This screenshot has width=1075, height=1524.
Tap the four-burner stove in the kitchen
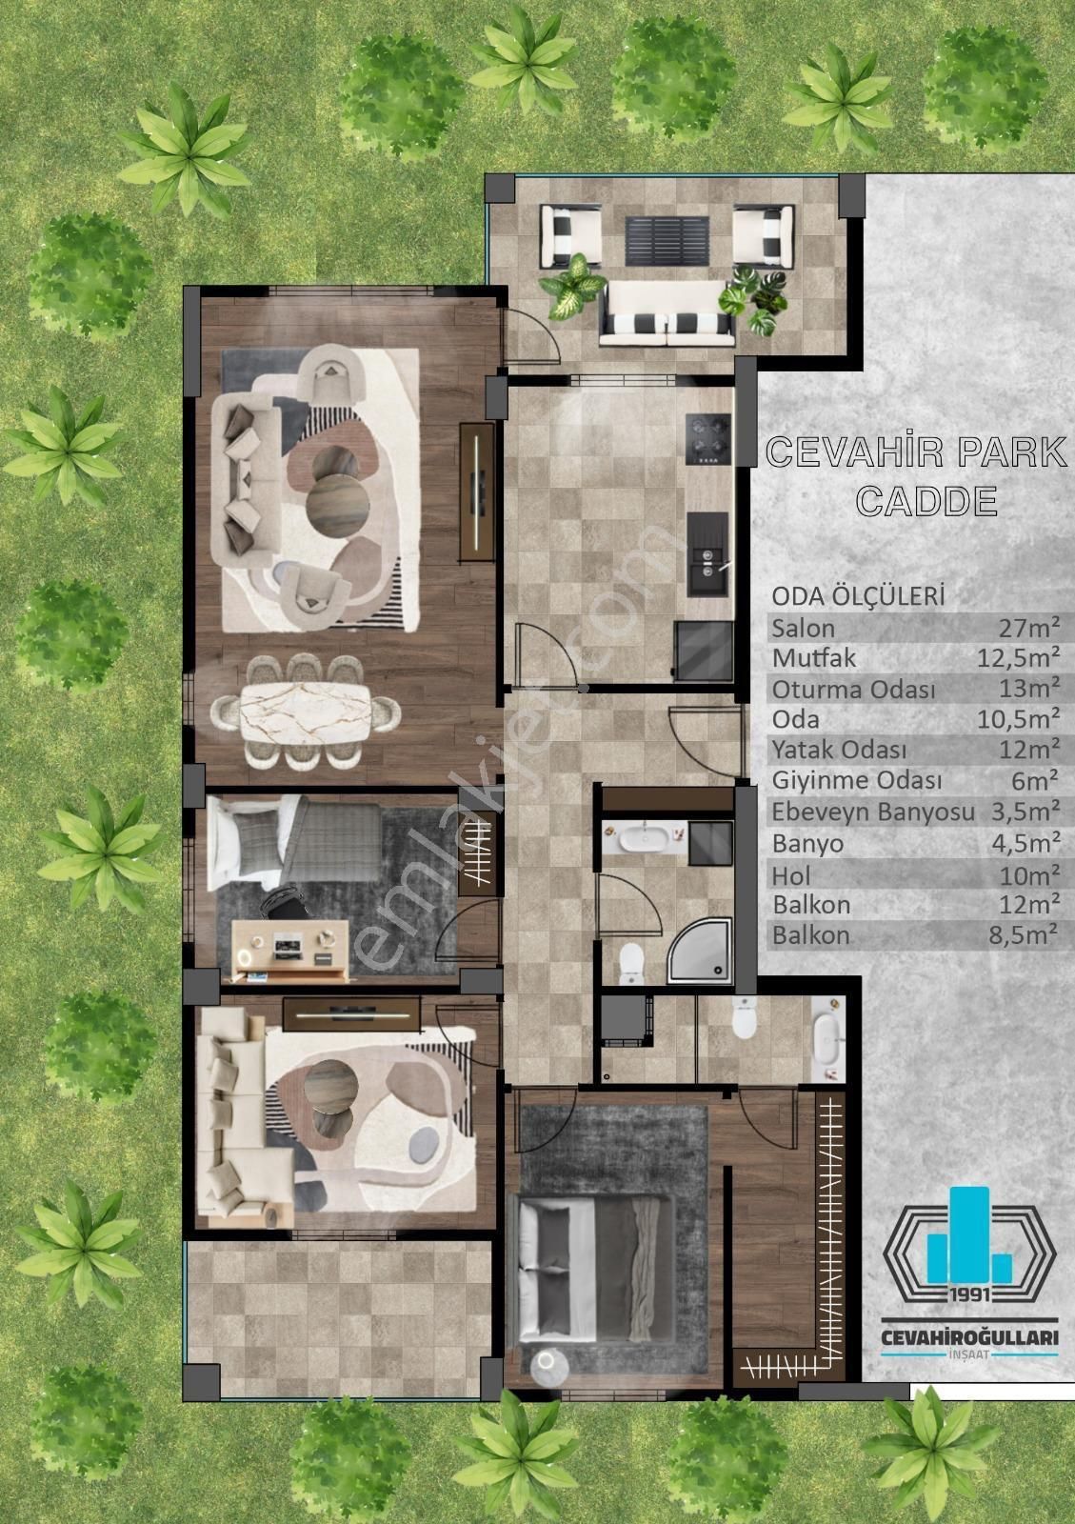coord(707,439)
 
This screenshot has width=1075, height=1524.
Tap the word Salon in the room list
coord(803,629)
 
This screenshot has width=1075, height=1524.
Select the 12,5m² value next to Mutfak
coord(1019,658)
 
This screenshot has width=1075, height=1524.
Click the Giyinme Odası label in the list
coord(857,781)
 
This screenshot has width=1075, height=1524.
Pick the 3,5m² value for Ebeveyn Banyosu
coord(1025,811)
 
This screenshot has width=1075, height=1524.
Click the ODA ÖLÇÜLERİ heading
coord(858,596)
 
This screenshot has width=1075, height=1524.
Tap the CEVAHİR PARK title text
coord(916,452)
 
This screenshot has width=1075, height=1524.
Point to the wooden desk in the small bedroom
coord(290,950)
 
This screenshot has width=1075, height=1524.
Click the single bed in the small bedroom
coord(293,843)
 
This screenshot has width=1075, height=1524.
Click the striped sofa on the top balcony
coord(667,314)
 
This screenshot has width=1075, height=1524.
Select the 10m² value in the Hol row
coord(1029,875)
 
